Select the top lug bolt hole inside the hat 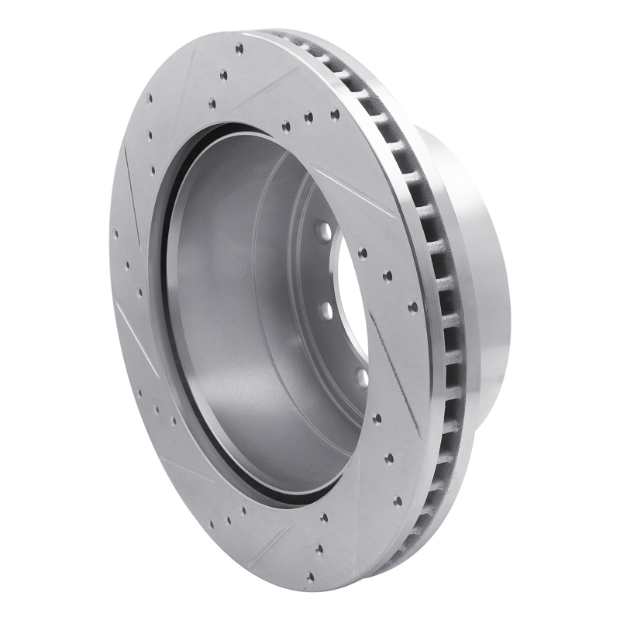tap(321, 231)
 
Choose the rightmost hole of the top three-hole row tap(335, 115)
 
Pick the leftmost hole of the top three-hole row tap(286, 126)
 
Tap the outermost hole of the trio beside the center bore tap(412, 307)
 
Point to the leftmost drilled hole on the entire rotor tap(116, 233)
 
